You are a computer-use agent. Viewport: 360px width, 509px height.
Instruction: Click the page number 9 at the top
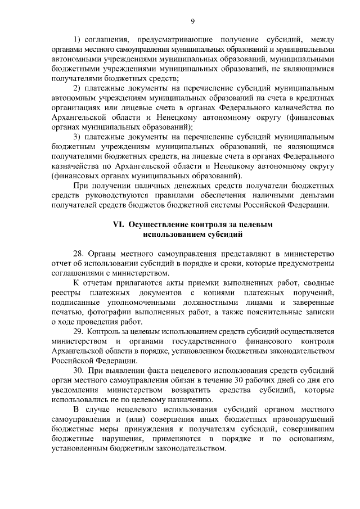coord(192,21)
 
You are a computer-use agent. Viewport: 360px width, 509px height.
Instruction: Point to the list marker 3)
coord(78,137)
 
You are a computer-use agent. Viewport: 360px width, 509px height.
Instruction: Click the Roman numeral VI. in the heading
coord(119,224)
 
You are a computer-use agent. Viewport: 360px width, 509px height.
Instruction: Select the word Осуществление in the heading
coord(155,224)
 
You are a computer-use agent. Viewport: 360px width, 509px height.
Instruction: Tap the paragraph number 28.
coord(79,253)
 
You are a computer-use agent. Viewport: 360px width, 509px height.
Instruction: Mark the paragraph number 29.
coord(79,331)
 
